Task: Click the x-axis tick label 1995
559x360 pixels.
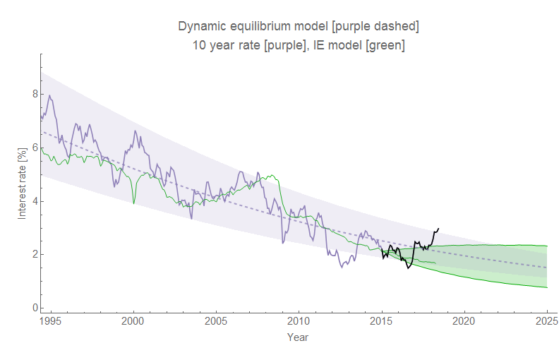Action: coord(50,321)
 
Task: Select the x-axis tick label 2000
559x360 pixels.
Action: coord(133,321)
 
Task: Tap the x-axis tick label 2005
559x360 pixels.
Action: coord(215,321)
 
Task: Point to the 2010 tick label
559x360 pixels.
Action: coord(299,321)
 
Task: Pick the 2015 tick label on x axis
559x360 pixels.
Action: coord(381,321)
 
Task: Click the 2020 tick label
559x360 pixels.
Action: coord(464,321)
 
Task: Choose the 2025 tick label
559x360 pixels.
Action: coord(546,321)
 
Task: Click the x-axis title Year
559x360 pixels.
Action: coord(297,337)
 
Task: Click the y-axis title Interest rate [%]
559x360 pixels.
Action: coord(22,181)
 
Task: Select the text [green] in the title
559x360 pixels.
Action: coord(385,45)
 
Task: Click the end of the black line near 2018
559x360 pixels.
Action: coord(439,228)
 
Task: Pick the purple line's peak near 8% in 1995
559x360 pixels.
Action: coord(49,95)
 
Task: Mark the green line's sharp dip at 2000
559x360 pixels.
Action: coord(134,203)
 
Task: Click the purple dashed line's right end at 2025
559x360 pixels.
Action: coord(547,268)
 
